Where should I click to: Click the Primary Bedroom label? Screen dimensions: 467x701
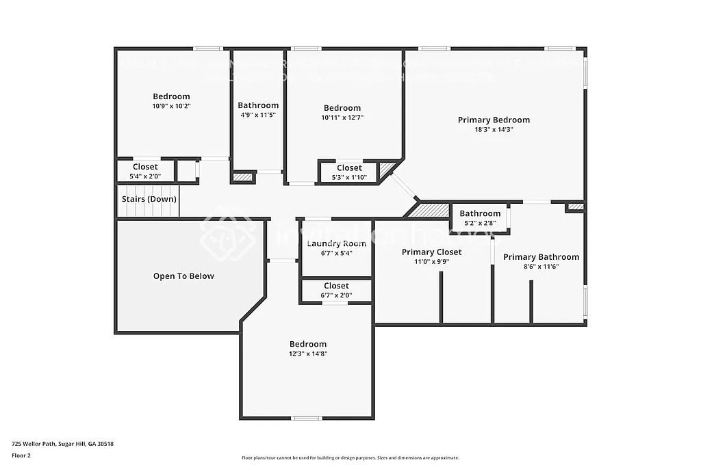click(x=494, y=120)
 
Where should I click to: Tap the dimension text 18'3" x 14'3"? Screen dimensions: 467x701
click(x=494, y=129)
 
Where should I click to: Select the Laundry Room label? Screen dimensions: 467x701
click(x=336, y=243)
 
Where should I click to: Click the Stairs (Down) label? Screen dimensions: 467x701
click(x=149, y=199)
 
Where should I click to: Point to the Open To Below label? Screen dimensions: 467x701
click(x=183, y=276)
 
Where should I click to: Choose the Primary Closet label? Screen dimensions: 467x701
click(x=431, y=252)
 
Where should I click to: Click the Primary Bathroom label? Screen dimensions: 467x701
click(x=541, y=257)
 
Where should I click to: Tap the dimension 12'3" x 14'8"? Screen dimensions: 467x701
click(x=307, y=353)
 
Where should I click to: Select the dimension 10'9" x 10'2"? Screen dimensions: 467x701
click(x=171, y=106)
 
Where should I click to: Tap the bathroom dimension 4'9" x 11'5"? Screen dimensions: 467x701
click(x=258, y=115)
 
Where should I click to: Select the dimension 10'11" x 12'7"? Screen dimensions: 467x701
click(x=342, y=117)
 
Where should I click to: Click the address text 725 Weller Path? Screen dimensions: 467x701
click(x=62, y=444)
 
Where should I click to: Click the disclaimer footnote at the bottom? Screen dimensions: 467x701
click(x=350, y=457)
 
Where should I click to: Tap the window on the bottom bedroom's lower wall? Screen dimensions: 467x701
click(x=307, y=418)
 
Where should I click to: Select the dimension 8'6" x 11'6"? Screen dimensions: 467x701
click(x=541, y=267)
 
